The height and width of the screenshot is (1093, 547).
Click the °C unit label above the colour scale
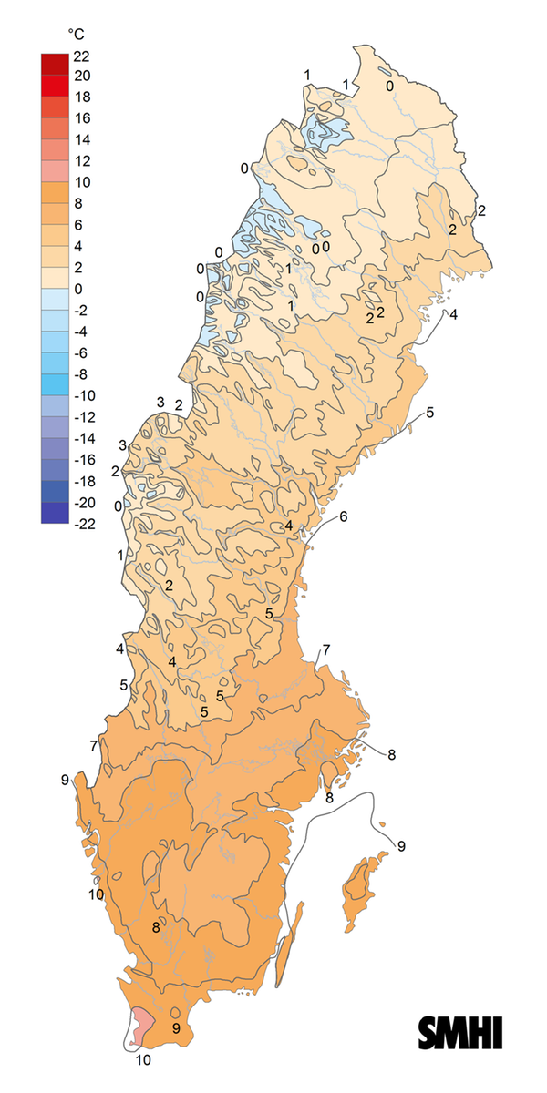click(x=75, y=35)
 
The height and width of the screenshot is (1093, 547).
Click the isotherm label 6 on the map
click(x=344, y=517)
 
